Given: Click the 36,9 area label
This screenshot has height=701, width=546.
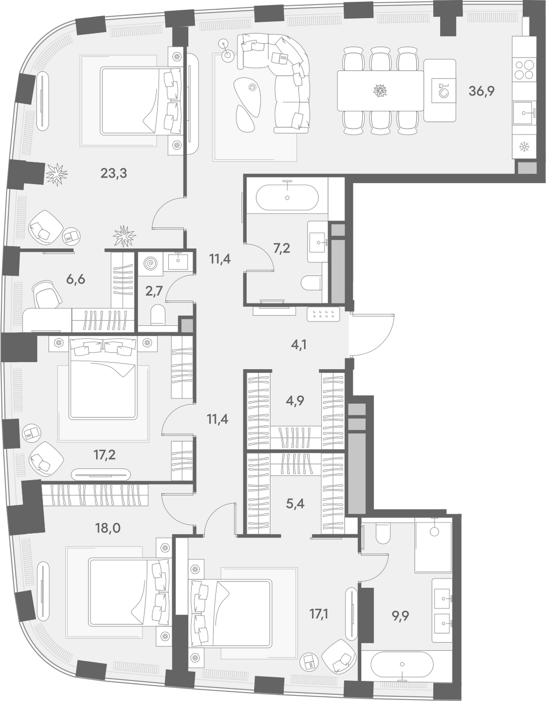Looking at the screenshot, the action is pos(481,92).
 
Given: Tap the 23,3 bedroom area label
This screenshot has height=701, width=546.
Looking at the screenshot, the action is pos(114,173).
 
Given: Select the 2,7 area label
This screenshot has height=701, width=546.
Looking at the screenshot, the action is pos(154,290).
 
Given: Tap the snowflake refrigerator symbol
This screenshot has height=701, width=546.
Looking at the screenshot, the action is pos(524,147).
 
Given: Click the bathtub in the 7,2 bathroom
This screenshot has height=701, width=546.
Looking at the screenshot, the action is pos(287,198).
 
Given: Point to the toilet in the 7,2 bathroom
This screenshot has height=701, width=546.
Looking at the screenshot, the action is pos(311,283).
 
